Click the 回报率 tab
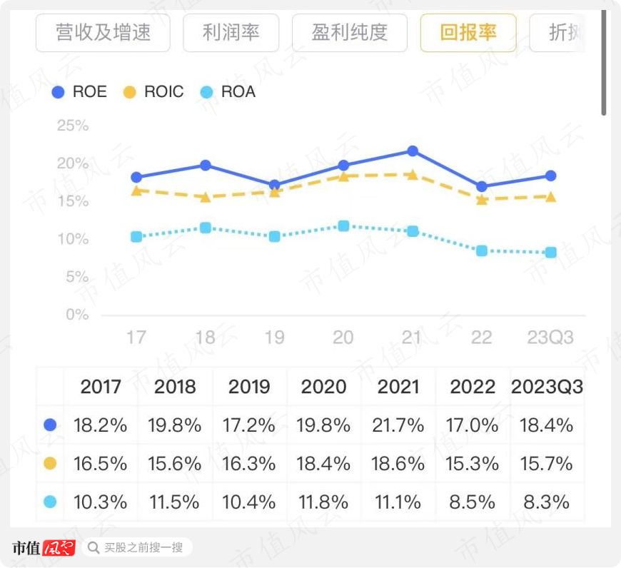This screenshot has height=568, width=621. click(x=468, y=33)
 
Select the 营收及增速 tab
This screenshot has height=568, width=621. click(x=103, y=33)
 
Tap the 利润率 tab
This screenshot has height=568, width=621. click(x=231, y=33)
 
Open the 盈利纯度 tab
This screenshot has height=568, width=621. click(x=349, y=33)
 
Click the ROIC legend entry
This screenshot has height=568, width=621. click(x=153, y=92)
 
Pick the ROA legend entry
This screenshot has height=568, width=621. click(x=228, y=92)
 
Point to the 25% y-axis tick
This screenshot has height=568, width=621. click(x=73, y=126)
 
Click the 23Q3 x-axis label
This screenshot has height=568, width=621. click(x=550, y=337)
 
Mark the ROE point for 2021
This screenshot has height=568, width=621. click(x=413, y=151)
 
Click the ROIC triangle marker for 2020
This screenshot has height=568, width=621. click(x=343, y=176)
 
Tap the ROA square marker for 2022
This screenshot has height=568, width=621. click(x=482, y=250)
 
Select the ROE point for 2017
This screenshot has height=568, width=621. click(x=136, y=177)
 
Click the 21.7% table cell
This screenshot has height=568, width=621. click(x=398, y=426)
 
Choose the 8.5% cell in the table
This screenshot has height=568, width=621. click(x=473, y=502)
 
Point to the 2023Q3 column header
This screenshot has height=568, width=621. click(x=547, y=387)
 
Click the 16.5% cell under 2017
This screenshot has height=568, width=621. click(x=100, y=464)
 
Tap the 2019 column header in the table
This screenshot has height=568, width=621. click(x=249, y=387)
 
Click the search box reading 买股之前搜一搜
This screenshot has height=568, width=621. click(x=137, y=547)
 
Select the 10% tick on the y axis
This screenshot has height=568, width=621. click(x=73, y=239)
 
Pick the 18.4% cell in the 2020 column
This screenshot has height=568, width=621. click(x=325, y=464)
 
